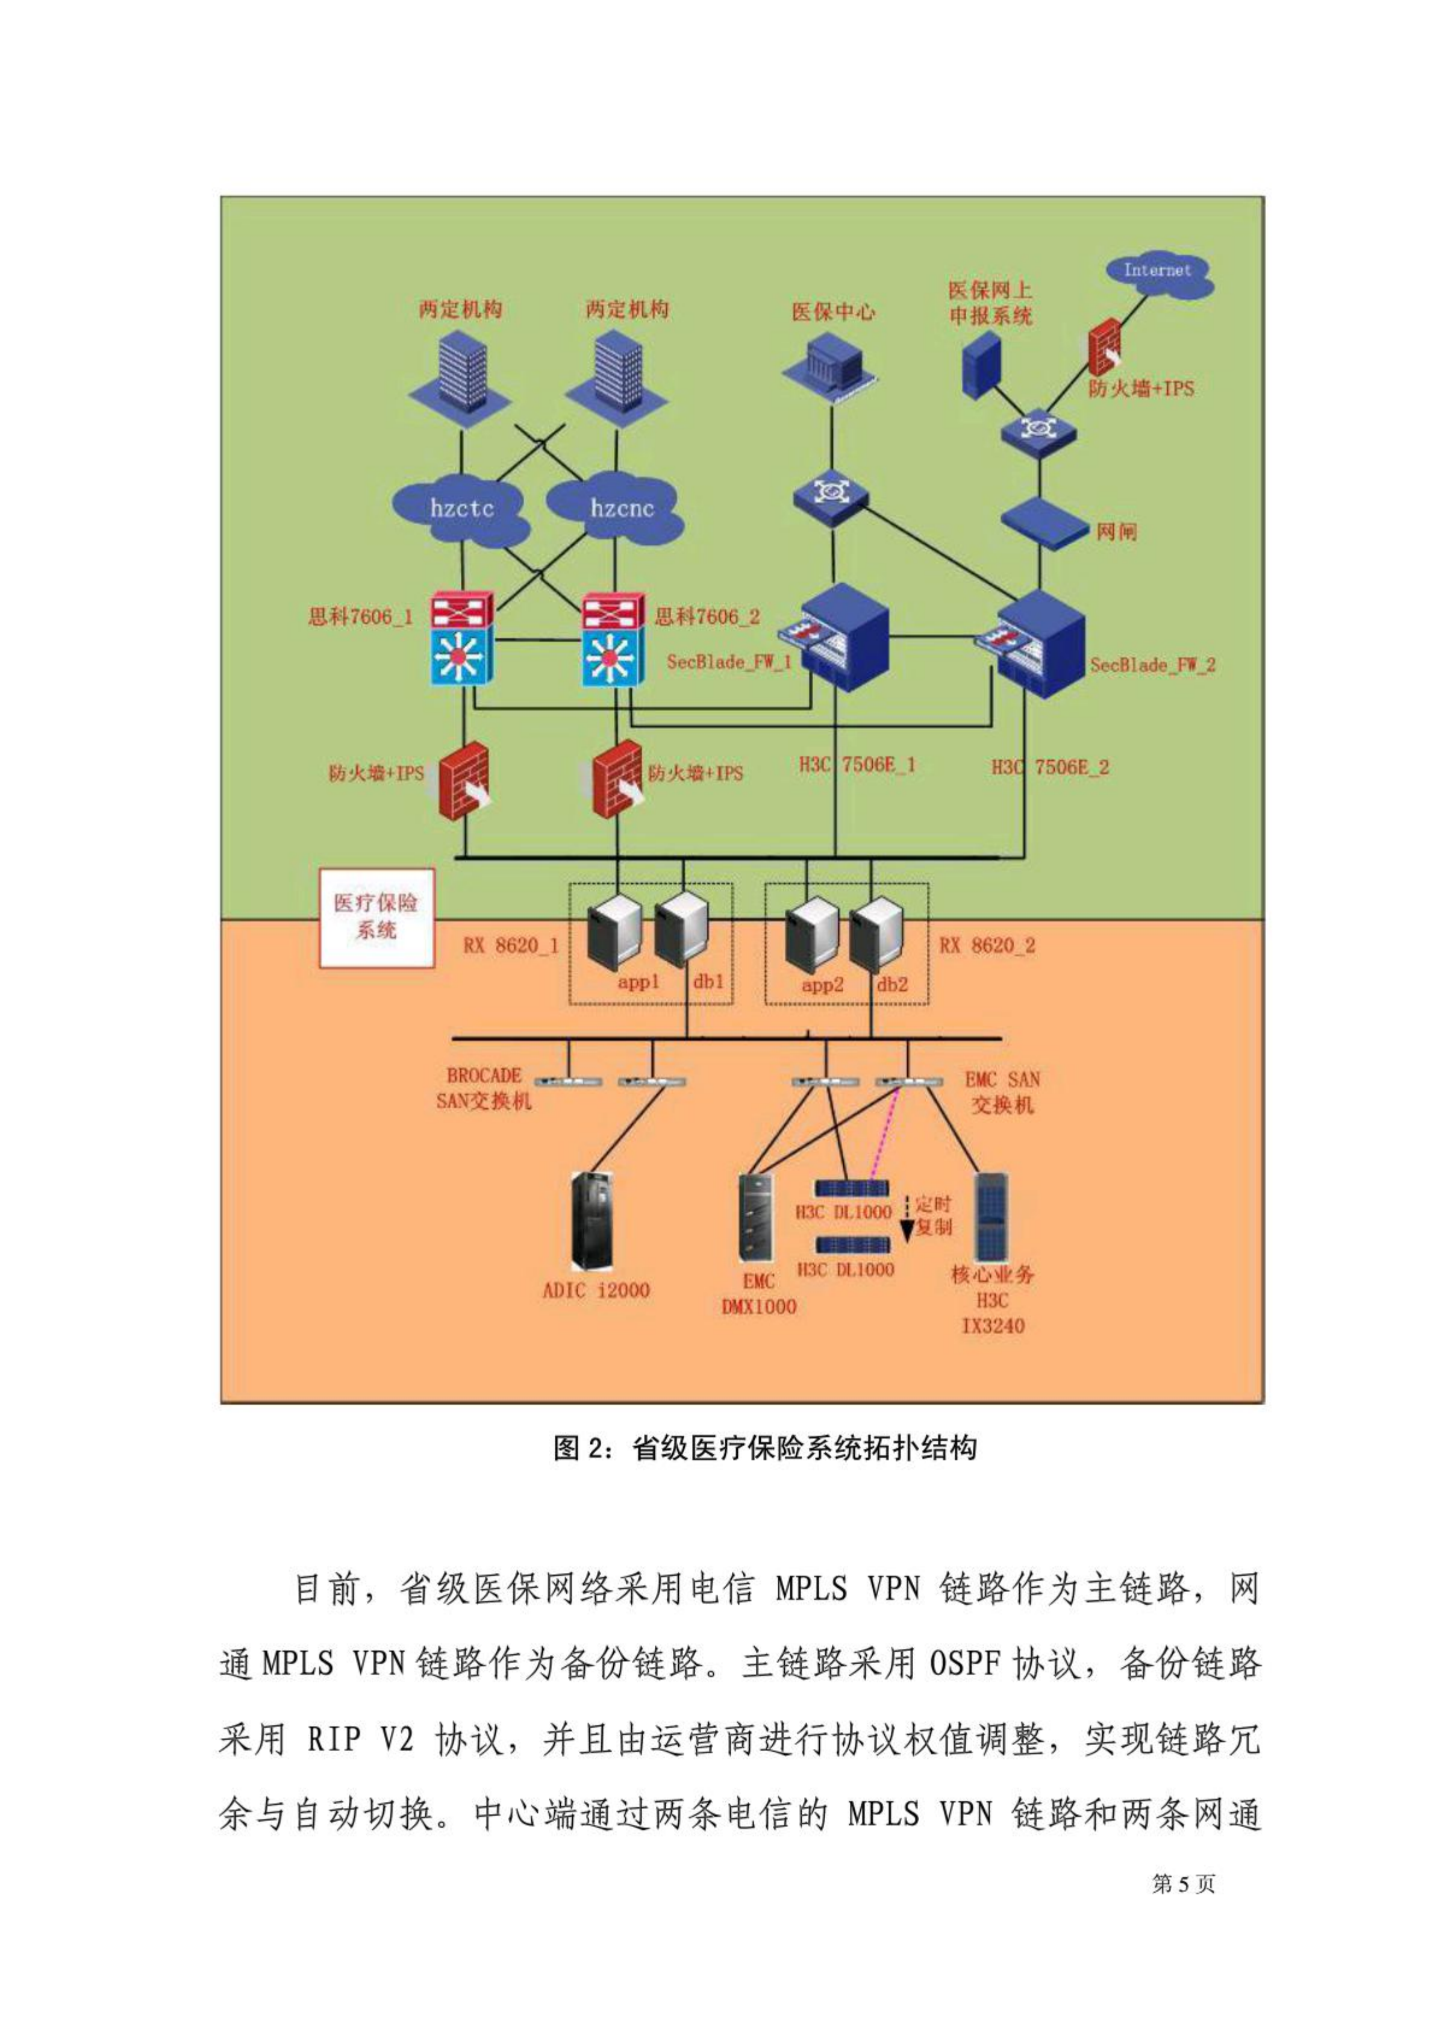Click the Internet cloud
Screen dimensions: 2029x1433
click(x=1157, y=274)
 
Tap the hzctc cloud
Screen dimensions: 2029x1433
click(x=461, y=510)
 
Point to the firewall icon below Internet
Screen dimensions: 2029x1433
click(x=1104, y=347)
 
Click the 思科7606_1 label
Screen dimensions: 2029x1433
click(x=360, y=617)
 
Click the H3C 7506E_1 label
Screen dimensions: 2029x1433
click(x=857, y=765)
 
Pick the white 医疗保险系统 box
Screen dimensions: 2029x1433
click(x=376, y=917)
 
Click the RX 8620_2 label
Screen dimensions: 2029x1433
click(x=986, y=946)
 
